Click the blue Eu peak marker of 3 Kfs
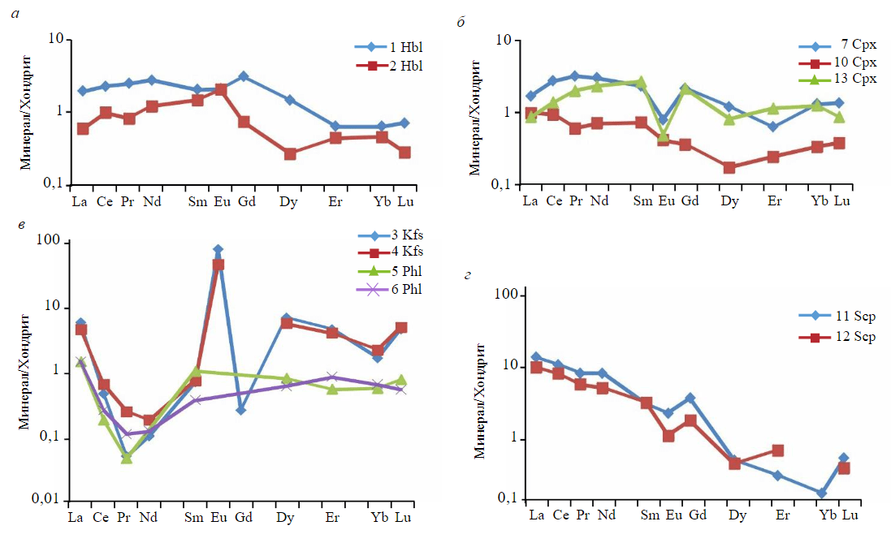point(218,250)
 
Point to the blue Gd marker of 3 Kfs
point(241,410)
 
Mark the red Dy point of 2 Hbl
point(290,153)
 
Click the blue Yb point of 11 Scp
point(822,493)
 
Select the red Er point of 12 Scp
point(777,450)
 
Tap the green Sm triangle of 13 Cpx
point(641,82)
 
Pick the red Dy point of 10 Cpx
point(729,167)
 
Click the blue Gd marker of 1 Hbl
point(244,76)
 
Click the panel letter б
point(461,23)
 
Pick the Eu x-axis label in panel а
point(221,200)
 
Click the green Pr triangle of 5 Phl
point(127,458)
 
